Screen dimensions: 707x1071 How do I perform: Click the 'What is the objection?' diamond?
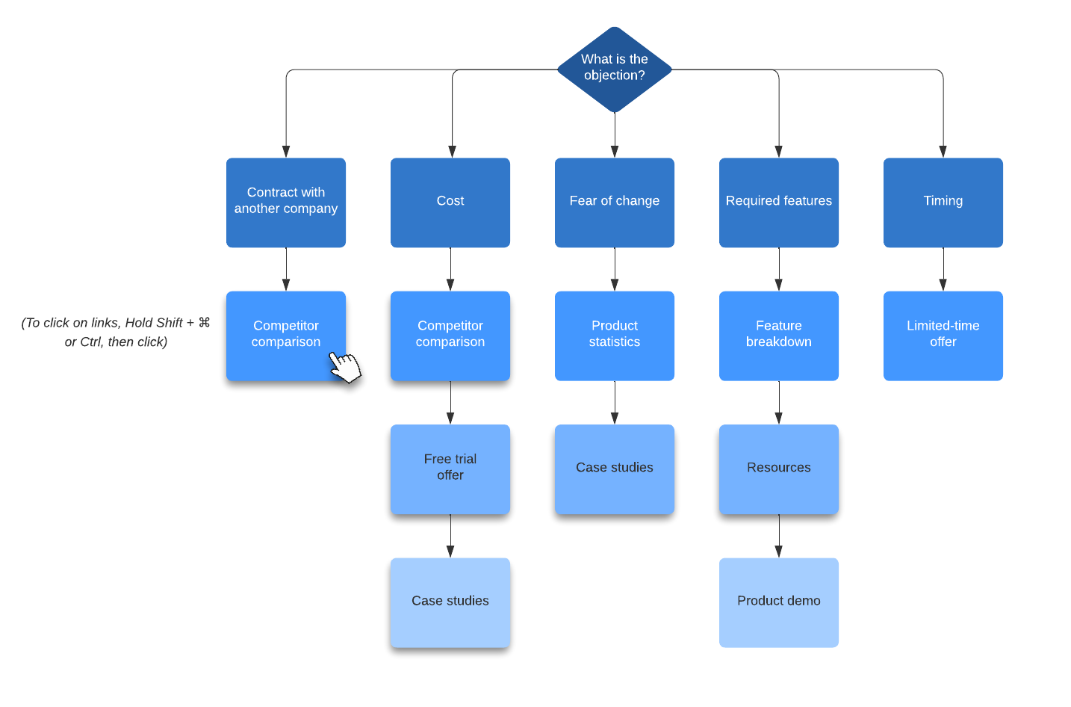pyautogui.click(x=614, y=69)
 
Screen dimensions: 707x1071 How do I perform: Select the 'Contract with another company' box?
pyautogui.click(x=285, y=202)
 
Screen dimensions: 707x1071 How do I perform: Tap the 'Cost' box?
pyautogui.click(x=450, y=202)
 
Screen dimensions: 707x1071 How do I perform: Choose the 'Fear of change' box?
pyautogui.click(x=614, y=202)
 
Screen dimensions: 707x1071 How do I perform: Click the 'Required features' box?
pyautogui.click(x=778, y=202)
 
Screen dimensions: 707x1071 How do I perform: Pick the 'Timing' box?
pyautogui.click(x=943, y=202)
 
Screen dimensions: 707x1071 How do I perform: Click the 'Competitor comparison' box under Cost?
pyautogui.click(x=450, y=335)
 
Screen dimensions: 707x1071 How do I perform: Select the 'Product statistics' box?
pyautogui.click(x=614, y=335)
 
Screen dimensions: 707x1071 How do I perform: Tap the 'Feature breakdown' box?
pyautogui.click(x=778, y=335)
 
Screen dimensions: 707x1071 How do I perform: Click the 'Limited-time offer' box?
pyautogui.click(x=943, y=335)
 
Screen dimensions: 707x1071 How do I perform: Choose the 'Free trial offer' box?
pyautogui.click(x=450, y=468)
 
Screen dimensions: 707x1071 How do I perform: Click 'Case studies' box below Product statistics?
pyautogui.click(x=614, y=468)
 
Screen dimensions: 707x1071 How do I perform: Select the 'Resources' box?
pyautogui.click(x=778, y=468)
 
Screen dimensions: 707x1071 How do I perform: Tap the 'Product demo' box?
pyautogui.click(x=778, y=602)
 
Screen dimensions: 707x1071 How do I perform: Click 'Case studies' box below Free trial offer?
pyautogui.click(x=450, y=602)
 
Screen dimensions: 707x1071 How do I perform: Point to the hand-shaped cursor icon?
pyautogui.click(x=345, y=367)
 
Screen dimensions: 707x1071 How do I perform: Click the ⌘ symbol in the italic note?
pyautogui.click(x=204, y=322)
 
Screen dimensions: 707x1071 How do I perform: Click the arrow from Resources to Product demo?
pyautogui.click(x=778, y=536)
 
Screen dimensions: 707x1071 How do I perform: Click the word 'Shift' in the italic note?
pyautogui.click(x=169, y=322)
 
